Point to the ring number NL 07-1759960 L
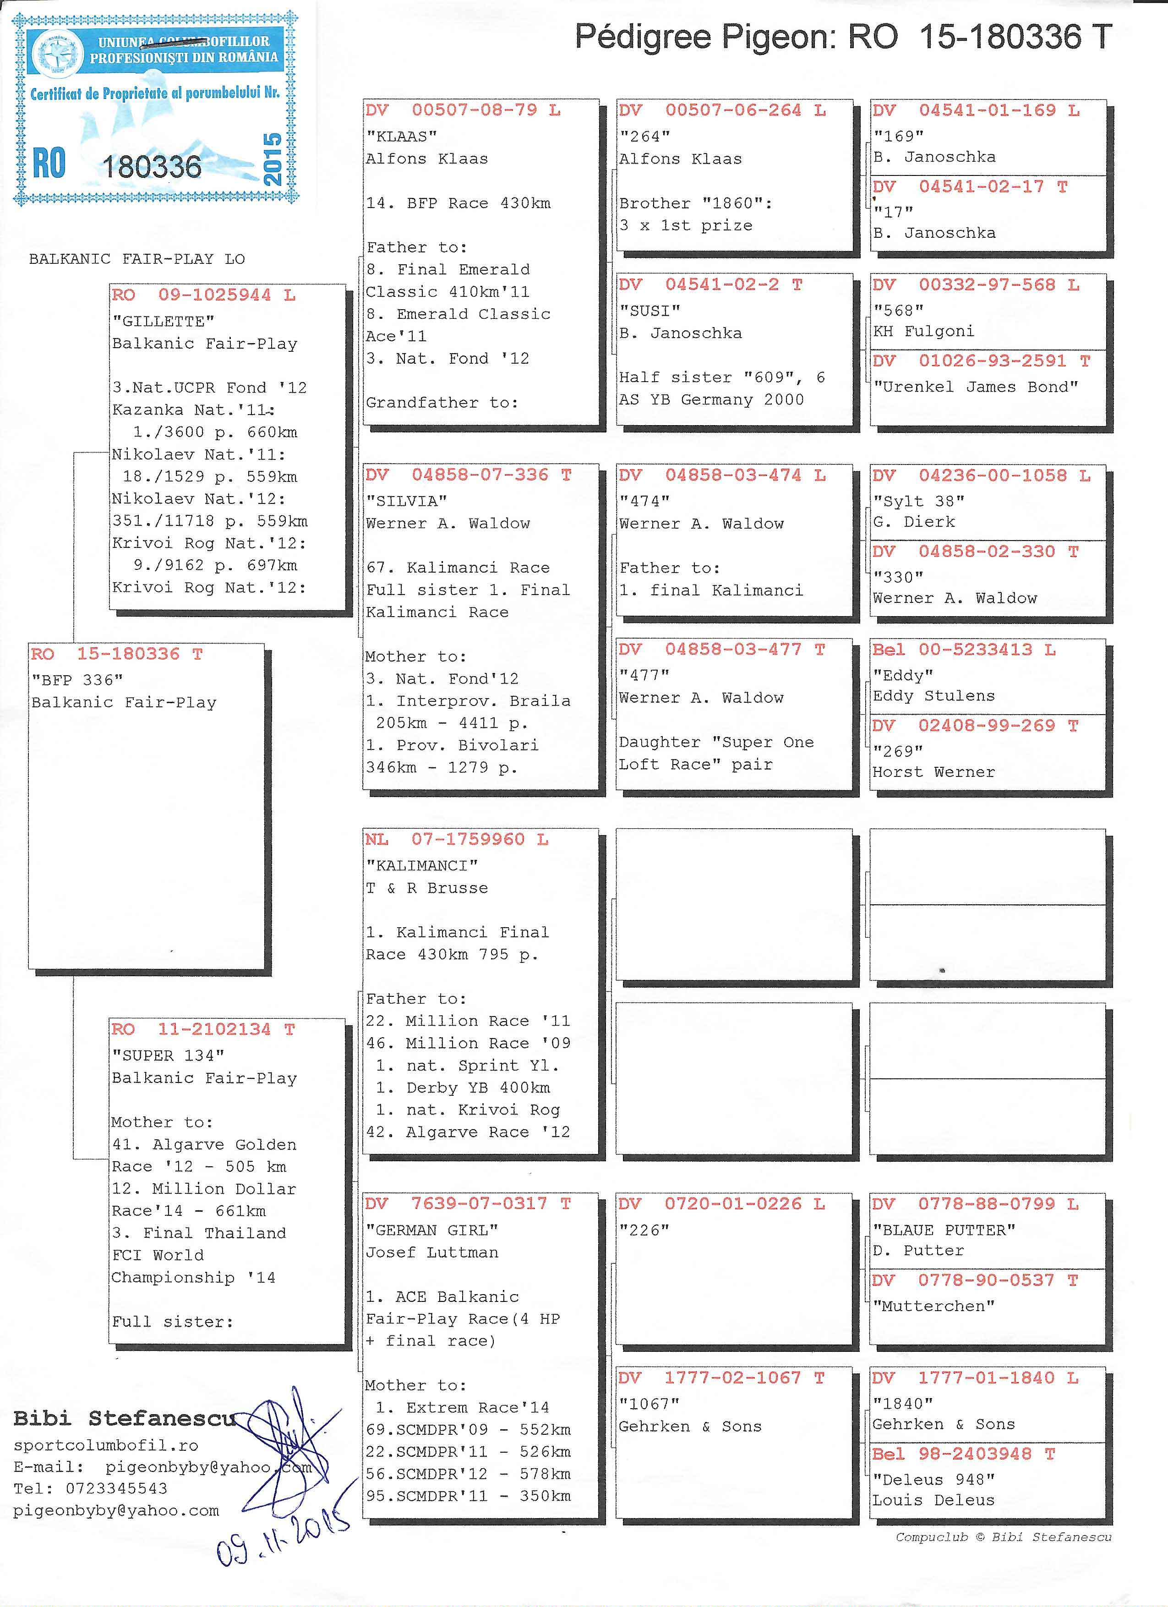[x=457, y=840]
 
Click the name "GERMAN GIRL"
[x=432, y=1230]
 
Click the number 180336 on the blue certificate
[x=152, y=166]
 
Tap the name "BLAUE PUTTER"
[x=944, y=1230]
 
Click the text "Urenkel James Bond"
[x=975, y=387]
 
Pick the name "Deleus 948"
[x=933, y=1480]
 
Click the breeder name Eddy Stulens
[x=933, y=696]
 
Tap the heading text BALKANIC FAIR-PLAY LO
[x=136, y=259]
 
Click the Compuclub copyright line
[x=1003, y=1537]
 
